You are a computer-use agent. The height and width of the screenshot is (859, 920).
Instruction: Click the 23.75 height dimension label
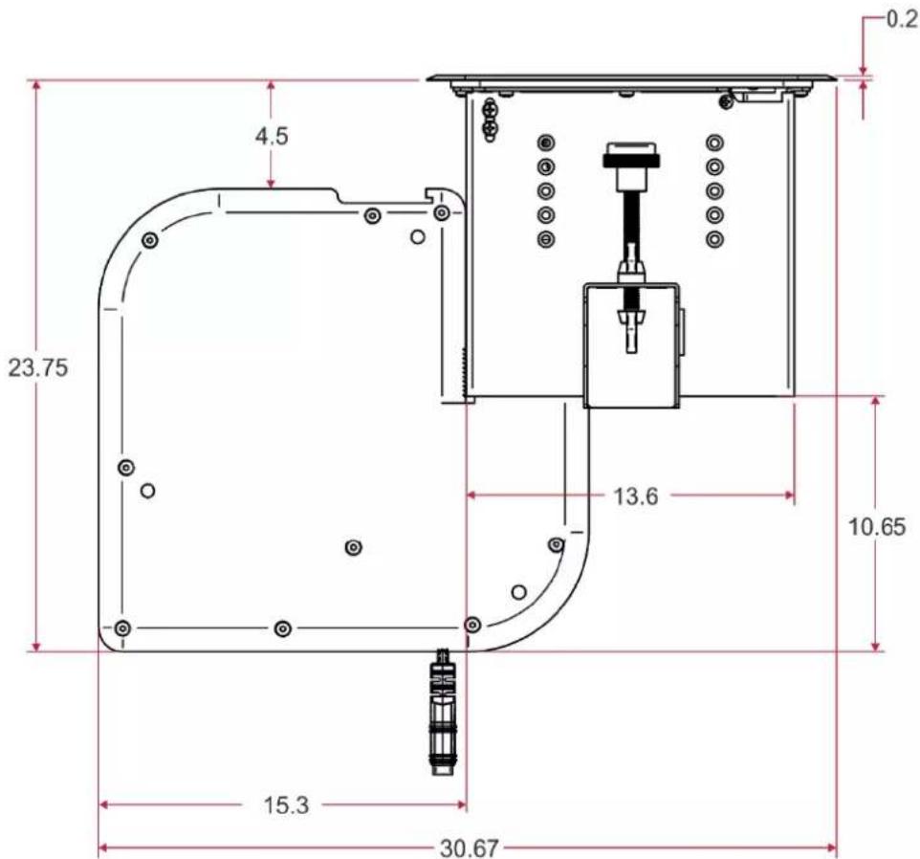(x=37, y=368)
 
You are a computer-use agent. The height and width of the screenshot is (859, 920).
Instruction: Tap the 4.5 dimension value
(x=272, y=136)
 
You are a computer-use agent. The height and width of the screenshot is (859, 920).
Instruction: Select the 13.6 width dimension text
(x=636, y=496)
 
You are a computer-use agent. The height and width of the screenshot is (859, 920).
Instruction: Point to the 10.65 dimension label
(x=877, y=527)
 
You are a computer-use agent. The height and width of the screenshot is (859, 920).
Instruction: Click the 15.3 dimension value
(x=286, y=805)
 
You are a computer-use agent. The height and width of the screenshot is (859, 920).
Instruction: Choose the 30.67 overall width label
(x=470, y=848)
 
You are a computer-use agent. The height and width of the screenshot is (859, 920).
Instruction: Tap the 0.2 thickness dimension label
(x=901, y=19)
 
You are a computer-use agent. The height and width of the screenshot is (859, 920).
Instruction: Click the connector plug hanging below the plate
(x=443, y=712)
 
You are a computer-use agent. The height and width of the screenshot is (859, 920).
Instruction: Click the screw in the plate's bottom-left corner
(x=121, y=628)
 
